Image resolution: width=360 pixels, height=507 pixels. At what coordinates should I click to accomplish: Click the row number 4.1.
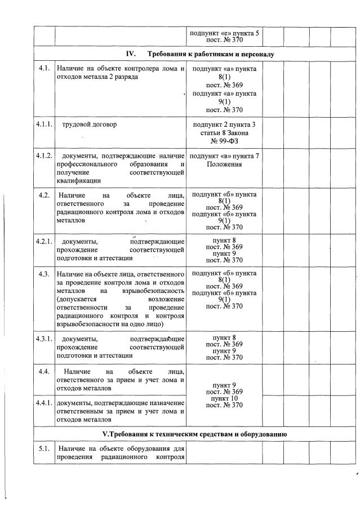[x=43, y=69]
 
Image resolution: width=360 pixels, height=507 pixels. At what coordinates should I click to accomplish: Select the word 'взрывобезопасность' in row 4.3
[x=150, y=291]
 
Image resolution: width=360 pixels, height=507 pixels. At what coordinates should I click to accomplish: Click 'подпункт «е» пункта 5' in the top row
[x=225, y=33]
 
